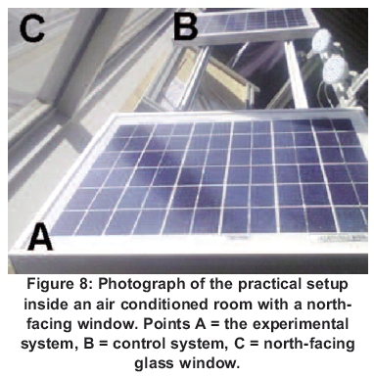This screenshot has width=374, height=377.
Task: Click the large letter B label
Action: pos(186,26)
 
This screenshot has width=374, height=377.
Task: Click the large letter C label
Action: pos(32,28)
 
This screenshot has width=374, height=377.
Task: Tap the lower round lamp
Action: pos(334,70)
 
